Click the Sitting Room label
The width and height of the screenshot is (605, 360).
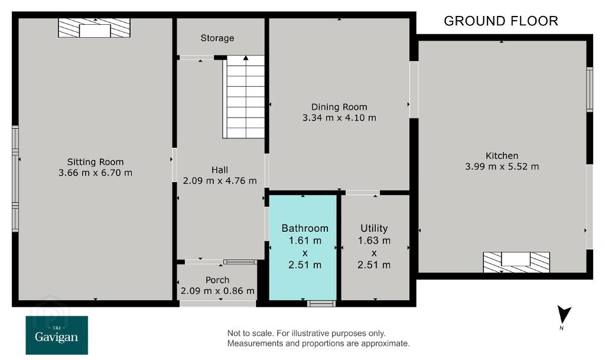(x=95, y=162)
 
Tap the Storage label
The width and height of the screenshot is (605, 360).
(x=217, y=38)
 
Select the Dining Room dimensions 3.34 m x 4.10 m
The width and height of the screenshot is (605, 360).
(x=339, y=118)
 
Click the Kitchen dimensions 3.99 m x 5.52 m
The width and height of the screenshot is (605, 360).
(x=502, y=167)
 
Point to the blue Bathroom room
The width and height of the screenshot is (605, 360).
(x=303, y=247)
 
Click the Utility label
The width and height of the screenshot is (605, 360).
(x=374, y=228)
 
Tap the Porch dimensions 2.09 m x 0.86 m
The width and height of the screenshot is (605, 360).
(x=217, y=291)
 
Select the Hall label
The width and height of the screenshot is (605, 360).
(x=220, y=170)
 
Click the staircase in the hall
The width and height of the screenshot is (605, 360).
(x=243, y=97)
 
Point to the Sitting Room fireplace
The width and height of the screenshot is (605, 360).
(x=94, y=28)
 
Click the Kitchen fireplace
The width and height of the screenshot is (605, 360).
(x=516, y=262)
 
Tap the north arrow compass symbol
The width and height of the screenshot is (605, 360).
(x=564, y=316)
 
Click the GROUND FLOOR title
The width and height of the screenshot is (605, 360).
(x=501, y=21)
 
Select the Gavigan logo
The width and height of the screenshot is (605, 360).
(x=57, y=335)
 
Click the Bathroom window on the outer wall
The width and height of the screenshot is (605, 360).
(x=321, y=304)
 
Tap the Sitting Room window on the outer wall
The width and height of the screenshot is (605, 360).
(x=15, y=179)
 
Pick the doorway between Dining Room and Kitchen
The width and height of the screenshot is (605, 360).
(x=414, y=89)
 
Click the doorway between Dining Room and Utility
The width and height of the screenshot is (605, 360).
(x=363, y=193)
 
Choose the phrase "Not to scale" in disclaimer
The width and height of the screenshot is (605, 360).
(x=250, y=333)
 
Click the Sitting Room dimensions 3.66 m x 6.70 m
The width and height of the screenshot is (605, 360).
(x=95, y=173)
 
